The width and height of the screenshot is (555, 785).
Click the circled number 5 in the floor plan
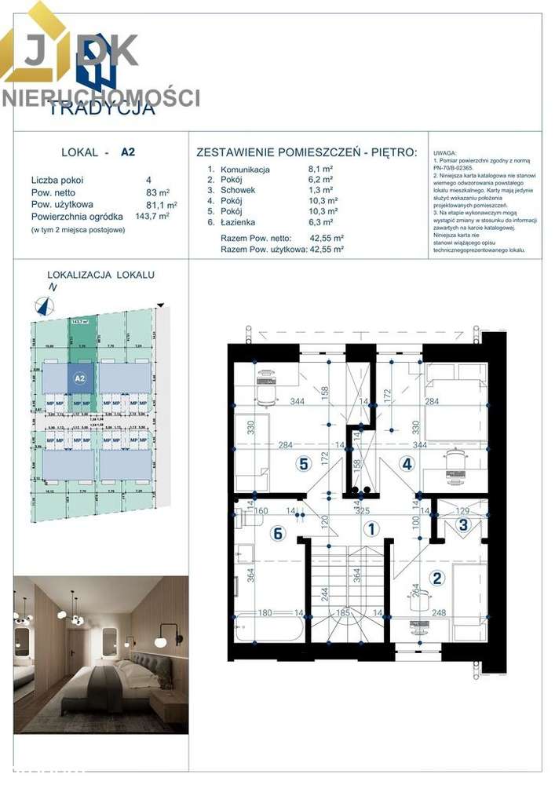pyautogui.click(x=303, y=463)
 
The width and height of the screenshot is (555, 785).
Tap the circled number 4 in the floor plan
pyautogui.click(x=407, y=463)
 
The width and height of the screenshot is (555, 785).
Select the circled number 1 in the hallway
pyautogui.click(x=368, y=530)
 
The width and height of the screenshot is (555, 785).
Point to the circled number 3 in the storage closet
pyautogui.click(x=464, y=524)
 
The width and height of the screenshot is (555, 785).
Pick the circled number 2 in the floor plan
pyautogui.click(x=438, y=579)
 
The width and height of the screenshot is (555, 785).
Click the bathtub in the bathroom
pyautogui.click(x=268, y=629)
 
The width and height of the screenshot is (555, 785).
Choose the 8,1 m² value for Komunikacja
pyautogui.click(x=321, y=169)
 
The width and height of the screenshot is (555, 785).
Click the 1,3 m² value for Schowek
pyautogui.click(x=321, y=190)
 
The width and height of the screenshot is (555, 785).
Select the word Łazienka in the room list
pyautogui.click(x=239, y=222)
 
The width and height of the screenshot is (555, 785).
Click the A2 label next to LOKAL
pyautogui.click(x=128, y=155)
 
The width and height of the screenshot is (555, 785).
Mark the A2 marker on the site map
pyautogui.click(x=79, y=378)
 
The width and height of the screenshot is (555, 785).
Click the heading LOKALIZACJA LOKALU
pyautogui.click(x=101, y=275)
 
